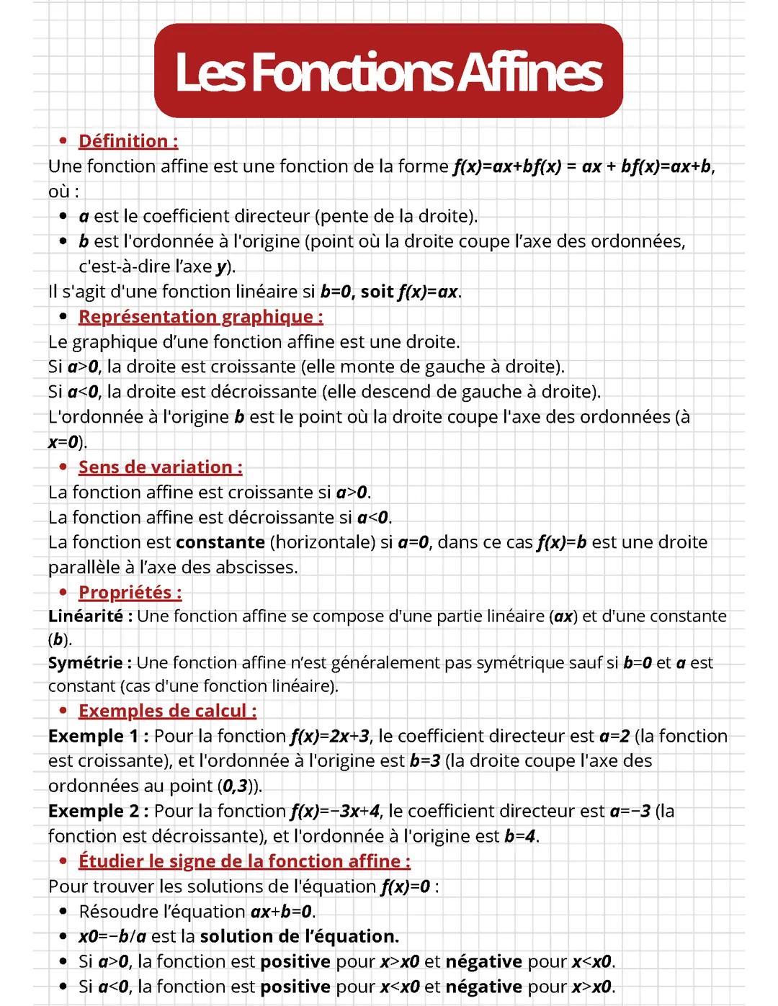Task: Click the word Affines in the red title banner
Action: point(529,72)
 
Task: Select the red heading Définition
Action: point(128,141)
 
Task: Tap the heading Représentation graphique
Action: point(200,317)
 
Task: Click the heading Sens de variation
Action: point(160,467)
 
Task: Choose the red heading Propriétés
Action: point(130,593)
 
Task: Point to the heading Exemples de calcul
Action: point(167,711)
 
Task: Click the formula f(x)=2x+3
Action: point(330,736)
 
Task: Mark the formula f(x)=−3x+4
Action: point(335,811)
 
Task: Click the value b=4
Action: point(520,836)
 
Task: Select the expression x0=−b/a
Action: point(112,936)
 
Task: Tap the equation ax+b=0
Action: point(282,912)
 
